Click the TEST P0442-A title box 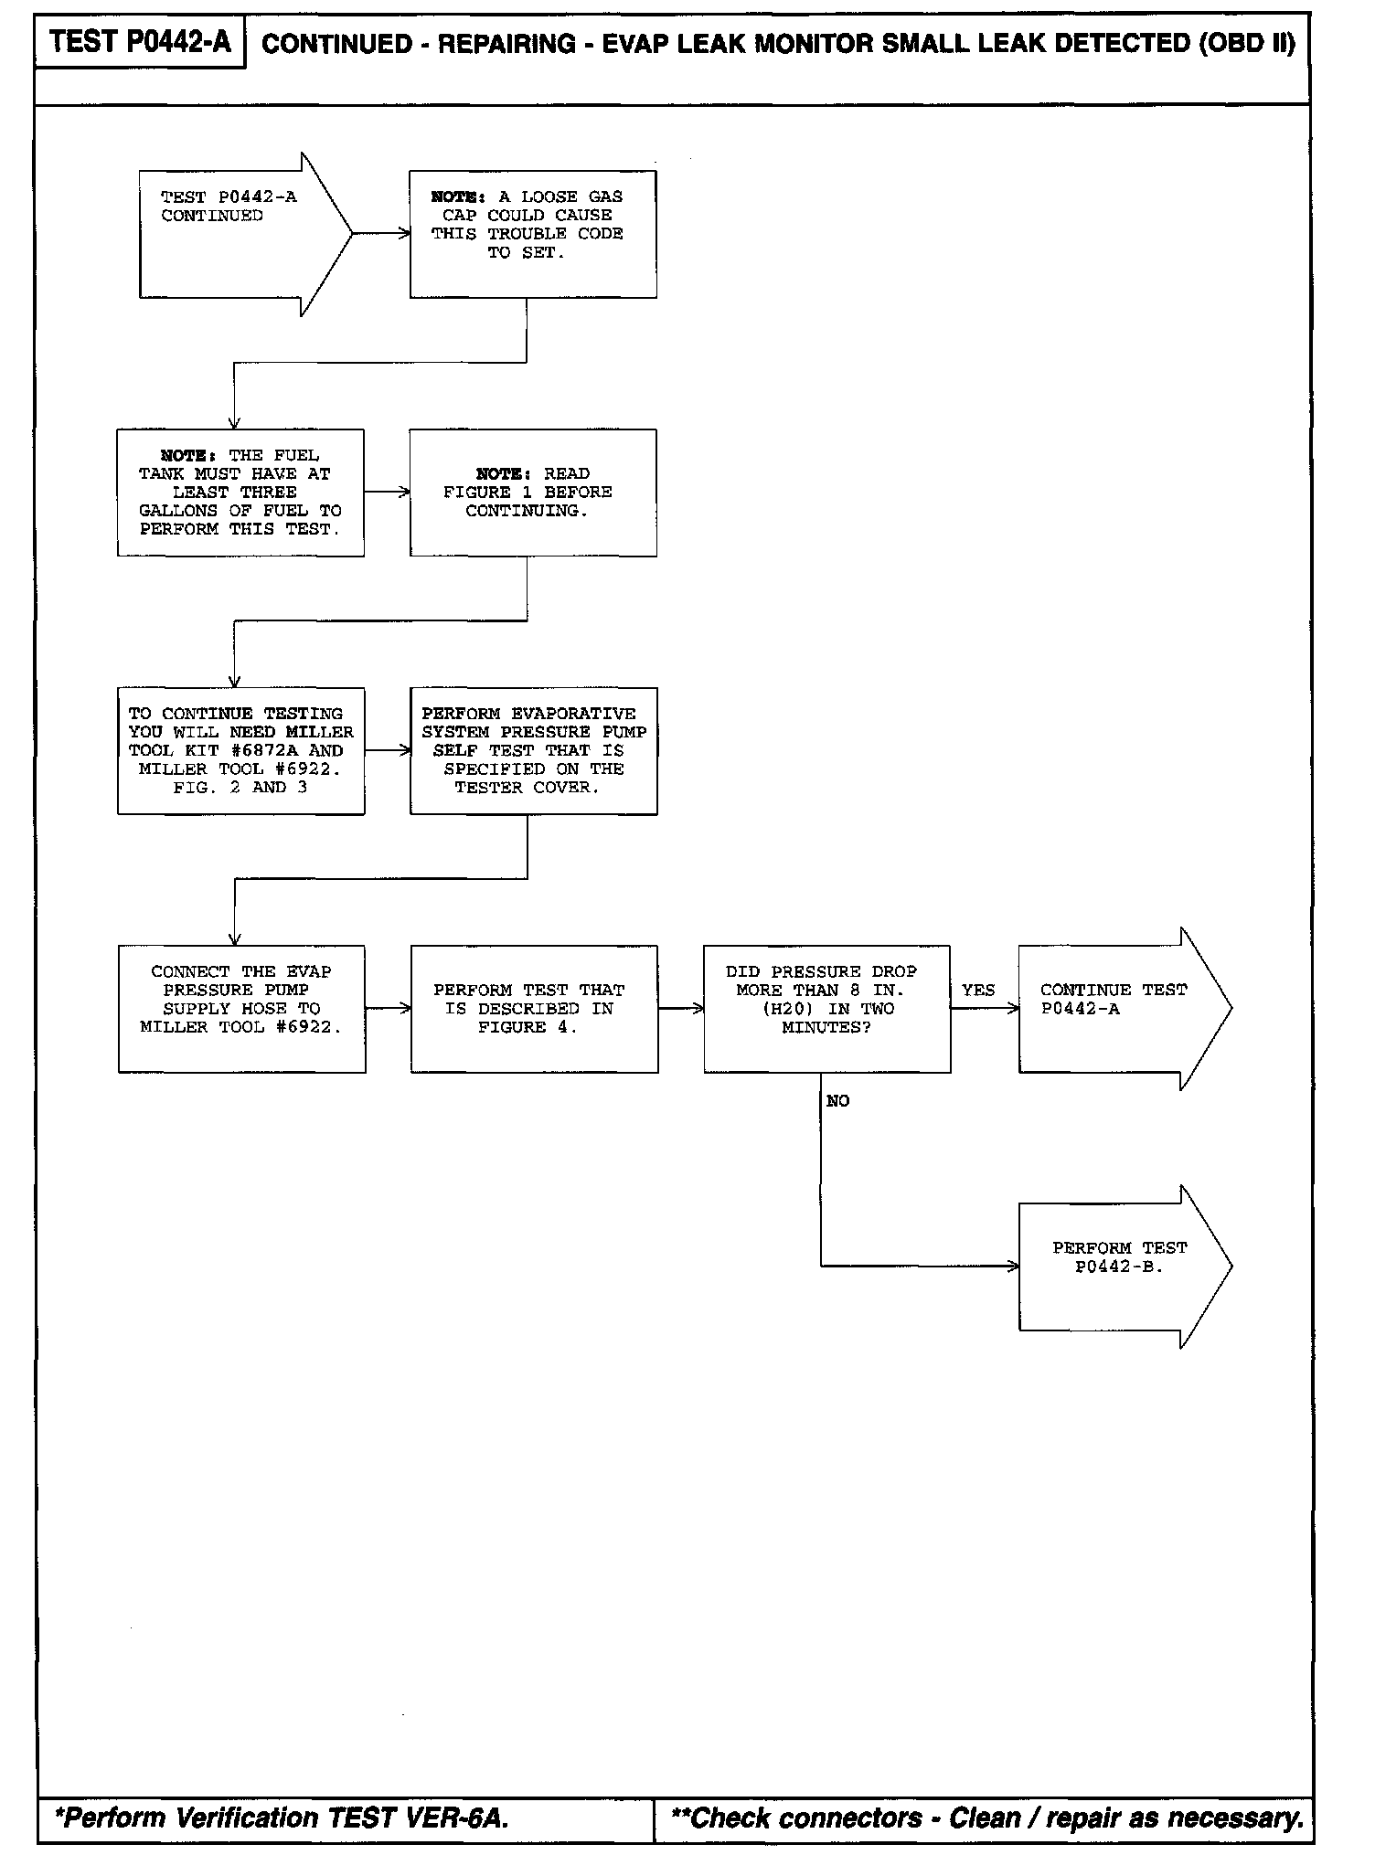tap(140, 42)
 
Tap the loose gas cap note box tap(532, 234)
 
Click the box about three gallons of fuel tap(240, 493)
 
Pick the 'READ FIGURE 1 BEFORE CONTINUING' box tap(532, 493)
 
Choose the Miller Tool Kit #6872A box tap(240, 750)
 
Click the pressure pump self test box tap(533, 750)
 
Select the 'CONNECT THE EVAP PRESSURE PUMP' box tap(241, 1009)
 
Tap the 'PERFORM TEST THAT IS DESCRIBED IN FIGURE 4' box tap(534, 1009)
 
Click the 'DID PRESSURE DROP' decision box tap(826, 1009)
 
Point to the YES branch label tap(977, 991)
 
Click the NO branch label tap(837, 1101)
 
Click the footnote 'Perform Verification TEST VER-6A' tap(282, 1818)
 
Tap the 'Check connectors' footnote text tap(986, 1818)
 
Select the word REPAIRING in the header tap(506, 45)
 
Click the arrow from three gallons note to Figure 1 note tap(387, 493)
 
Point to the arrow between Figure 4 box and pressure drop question tap(680, 1009)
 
